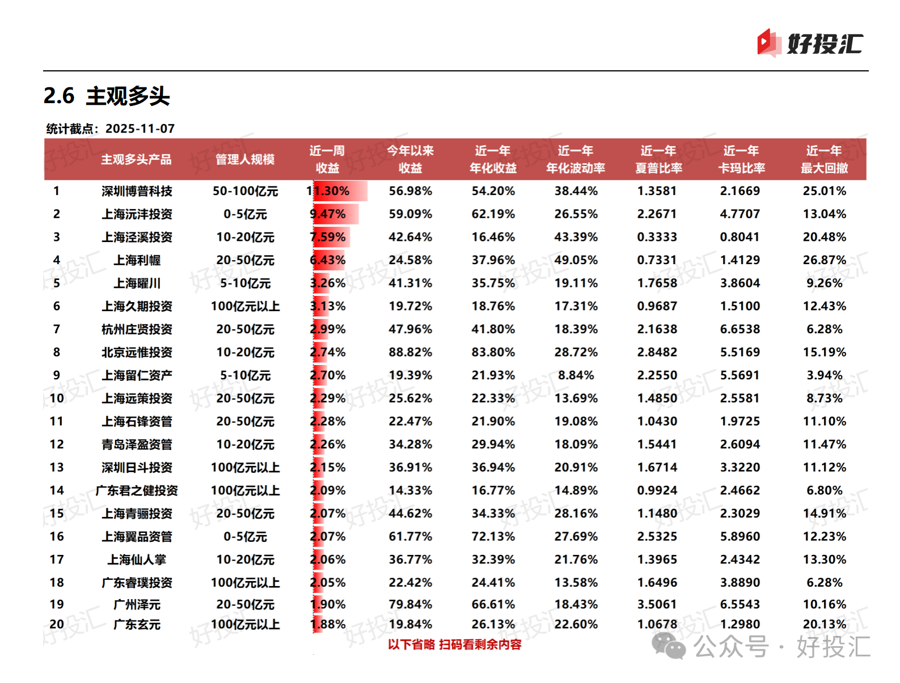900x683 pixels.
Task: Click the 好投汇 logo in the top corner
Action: pyautogui.click(x=809, y=43)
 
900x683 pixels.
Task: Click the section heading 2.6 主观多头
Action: pyautogui.click(x=107, y=96)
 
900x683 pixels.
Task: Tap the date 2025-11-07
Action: pyautogui.click(x=140, y=129)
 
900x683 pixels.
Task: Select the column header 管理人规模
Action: pyautogui.click(x=245, y=159)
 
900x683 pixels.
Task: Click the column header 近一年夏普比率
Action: pyautogui.click(x=658, y=159)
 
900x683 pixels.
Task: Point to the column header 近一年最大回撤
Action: pyautogui.click(x=824, y=159)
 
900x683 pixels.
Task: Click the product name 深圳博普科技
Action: pyautogui.click(x=137, y=191)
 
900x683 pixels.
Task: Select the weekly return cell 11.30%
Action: pyautogui.click(x=328, y=191)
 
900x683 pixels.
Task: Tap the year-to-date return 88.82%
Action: pyautogui.click(x=410, y=352)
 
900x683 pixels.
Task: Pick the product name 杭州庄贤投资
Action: pyautogui.click(x=137, y=329)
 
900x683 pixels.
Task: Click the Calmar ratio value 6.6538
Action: pyautogui.click(x=740, y=329)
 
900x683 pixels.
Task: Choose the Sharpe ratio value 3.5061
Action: pyautogui.click(x=657, y=604)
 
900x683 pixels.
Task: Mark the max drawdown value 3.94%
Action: pyautogui.click(x=824, y=375)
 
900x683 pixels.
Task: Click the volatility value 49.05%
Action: pyautogui.click(x=576, y=260)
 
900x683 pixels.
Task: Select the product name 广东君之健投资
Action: pyautogui.click(x=137, y=490)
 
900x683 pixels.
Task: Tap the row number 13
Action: pyautogui.click(x=57, y=468)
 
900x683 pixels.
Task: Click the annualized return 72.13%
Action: pyautogui.click(x=493, y=536)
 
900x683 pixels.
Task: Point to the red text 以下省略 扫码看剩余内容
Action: pyautogui.click(x=454, y=644)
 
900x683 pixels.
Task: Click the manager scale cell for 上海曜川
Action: pyautogui.click(x=245, y=283)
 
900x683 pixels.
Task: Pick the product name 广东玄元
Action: pyautogui.click(x=137, y=625)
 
